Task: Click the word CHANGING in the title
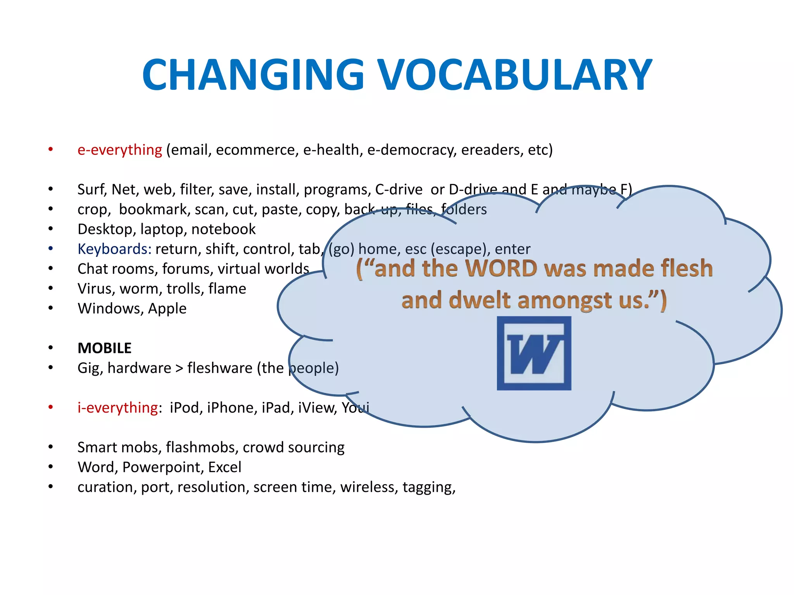(x=253, y=74)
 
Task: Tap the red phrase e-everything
(x=119, y=150)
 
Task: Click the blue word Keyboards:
(x=114, y=249)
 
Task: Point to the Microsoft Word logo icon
(x=534, y=353)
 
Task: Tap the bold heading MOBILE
(x=104, y=348)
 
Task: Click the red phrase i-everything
(x=117, y=408)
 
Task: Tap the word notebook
(x=223, y=229)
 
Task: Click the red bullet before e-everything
(x=50, y=150)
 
